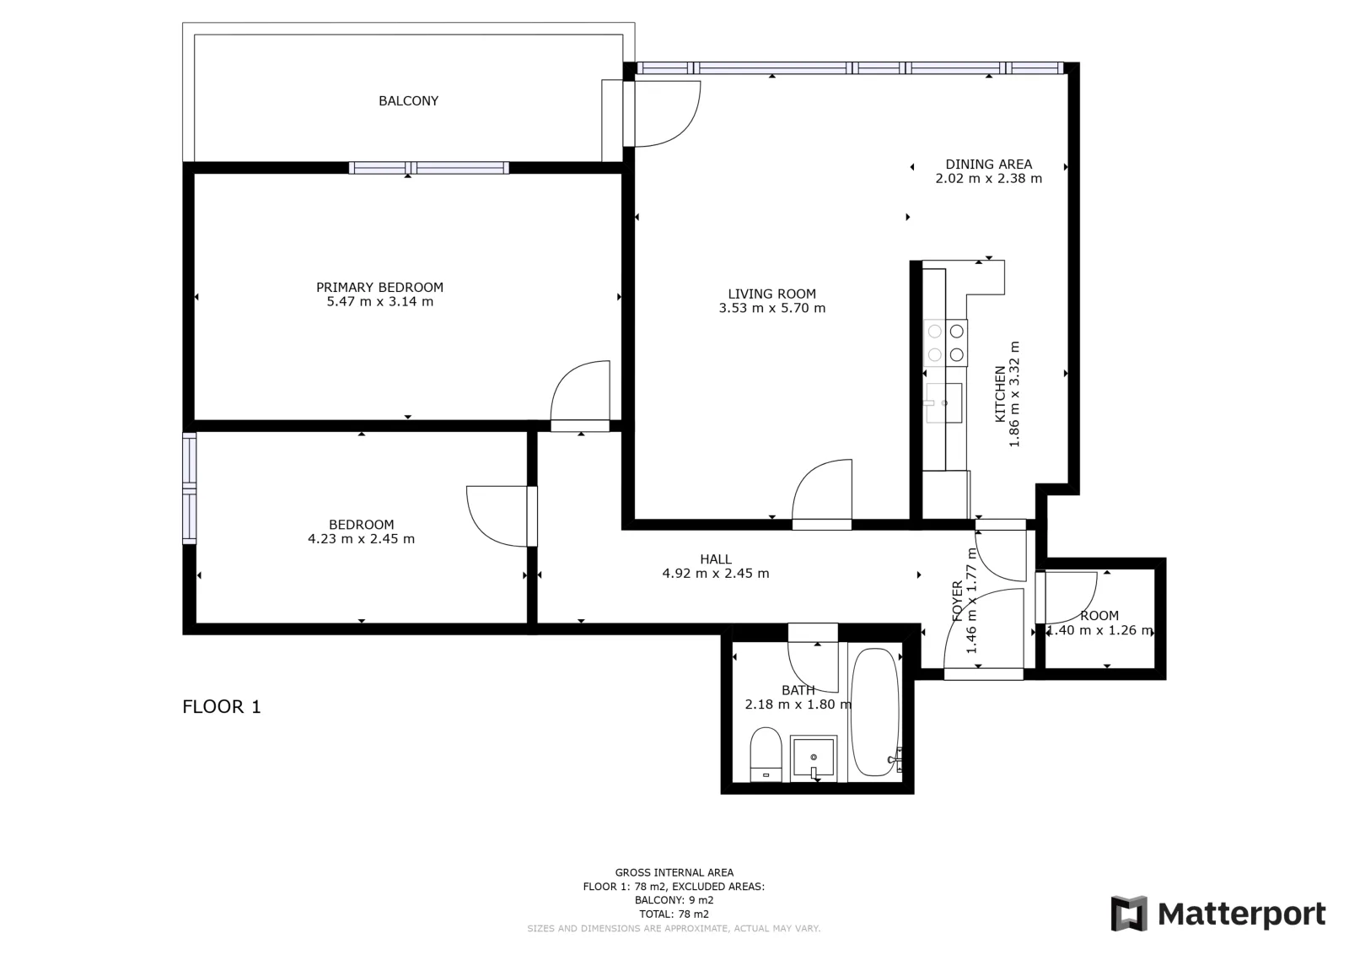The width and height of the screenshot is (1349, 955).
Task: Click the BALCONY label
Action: point(408,101)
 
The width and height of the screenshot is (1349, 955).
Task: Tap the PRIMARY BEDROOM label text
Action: point(379,288)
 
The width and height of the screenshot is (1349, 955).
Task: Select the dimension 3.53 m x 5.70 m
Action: point(772,308)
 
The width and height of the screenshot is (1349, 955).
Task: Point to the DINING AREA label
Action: point(988,164)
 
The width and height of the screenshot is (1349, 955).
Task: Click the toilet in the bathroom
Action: point(766,754)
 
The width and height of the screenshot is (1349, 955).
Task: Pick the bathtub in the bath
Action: point(876,711)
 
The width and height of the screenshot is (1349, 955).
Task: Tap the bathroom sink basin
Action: point(814,758)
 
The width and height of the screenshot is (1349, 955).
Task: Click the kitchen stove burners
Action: point(945,343)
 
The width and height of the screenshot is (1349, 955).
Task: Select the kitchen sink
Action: point(943,402)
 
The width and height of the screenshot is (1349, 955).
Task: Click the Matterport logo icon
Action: point(1129,914)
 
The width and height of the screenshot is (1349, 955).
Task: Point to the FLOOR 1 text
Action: point(222,707)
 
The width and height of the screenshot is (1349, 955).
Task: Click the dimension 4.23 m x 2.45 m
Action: point(362,538)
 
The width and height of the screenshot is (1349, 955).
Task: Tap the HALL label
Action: point(716,559)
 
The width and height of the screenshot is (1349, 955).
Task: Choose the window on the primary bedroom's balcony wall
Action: point(429,168)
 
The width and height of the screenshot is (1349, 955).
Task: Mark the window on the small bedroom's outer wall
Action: point(189,488)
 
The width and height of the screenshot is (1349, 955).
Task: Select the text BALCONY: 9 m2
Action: point(674,900)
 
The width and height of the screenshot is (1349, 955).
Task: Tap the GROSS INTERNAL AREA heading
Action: point(674,872)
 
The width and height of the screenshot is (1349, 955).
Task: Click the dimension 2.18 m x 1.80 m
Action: point(798,704)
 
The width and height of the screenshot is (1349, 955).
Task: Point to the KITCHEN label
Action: point(1000,394)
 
